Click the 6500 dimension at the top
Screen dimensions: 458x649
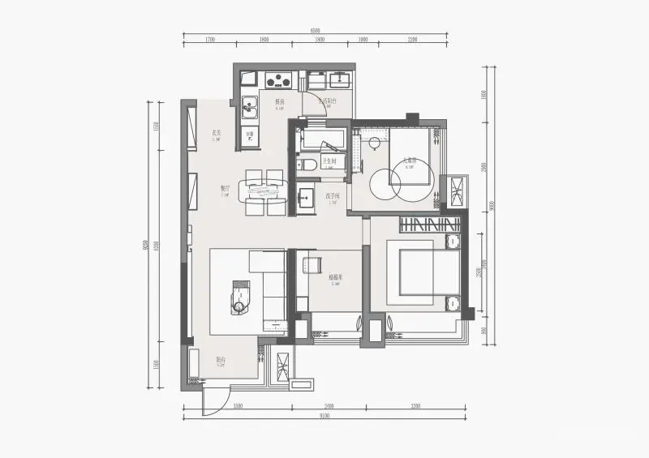pos(315,31)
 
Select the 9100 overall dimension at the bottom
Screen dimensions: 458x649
pos(324,416)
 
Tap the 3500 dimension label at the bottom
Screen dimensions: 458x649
pos(239,404)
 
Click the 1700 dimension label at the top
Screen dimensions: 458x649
pos(209,39)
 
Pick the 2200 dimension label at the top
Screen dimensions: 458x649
pos(412,39)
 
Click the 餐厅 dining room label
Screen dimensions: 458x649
pos(225,188)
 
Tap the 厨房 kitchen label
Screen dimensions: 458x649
pos(279,102)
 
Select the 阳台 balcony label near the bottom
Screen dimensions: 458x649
pos(220,360)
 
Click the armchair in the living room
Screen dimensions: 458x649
pos(242,297)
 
